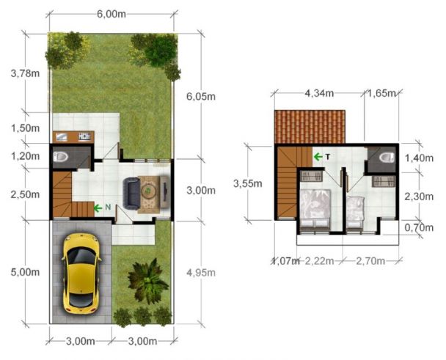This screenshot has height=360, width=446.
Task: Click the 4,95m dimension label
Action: tap(199, 273)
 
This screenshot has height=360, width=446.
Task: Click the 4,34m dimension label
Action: tap(319, 94)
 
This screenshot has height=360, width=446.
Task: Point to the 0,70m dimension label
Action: tap(421, 228)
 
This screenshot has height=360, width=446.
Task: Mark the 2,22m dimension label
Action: tap(321, 261)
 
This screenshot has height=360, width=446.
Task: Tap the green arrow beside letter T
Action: tap(318, 156)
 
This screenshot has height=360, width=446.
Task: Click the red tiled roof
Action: tap(310, 127)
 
